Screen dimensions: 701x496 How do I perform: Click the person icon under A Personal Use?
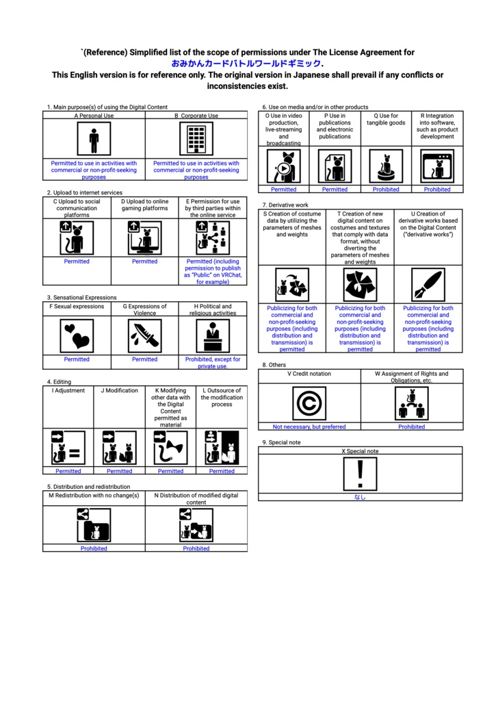point(94,140)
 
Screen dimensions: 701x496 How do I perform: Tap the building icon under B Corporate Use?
point(196,140)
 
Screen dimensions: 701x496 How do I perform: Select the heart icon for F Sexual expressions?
point(77,336)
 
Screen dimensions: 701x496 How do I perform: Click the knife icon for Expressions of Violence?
point(145,336)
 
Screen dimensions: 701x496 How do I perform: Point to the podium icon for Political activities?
point(213,336)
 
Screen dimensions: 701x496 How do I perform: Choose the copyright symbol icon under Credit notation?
point(309,403)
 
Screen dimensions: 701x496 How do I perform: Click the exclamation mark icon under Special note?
point(360,474)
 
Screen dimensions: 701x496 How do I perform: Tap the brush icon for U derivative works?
point(428,284)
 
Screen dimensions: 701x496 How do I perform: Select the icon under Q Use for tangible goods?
point(386,166)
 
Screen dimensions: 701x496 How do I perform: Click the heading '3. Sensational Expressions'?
point(81,298)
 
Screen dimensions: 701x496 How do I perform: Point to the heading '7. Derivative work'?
point(285,205)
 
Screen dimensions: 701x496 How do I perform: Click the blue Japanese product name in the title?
point(247,64)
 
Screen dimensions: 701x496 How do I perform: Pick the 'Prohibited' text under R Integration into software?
point(437,190)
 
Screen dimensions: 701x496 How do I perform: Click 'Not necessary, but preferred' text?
point(309,426)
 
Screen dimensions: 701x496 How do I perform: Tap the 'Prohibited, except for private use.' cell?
point(213,362)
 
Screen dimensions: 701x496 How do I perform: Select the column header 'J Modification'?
point(119,391)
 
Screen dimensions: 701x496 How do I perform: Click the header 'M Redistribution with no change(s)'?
point(94,495)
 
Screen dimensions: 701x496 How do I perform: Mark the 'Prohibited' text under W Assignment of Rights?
point(412,426)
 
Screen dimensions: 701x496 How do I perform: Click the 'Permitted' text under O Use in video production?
point(283,190)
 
